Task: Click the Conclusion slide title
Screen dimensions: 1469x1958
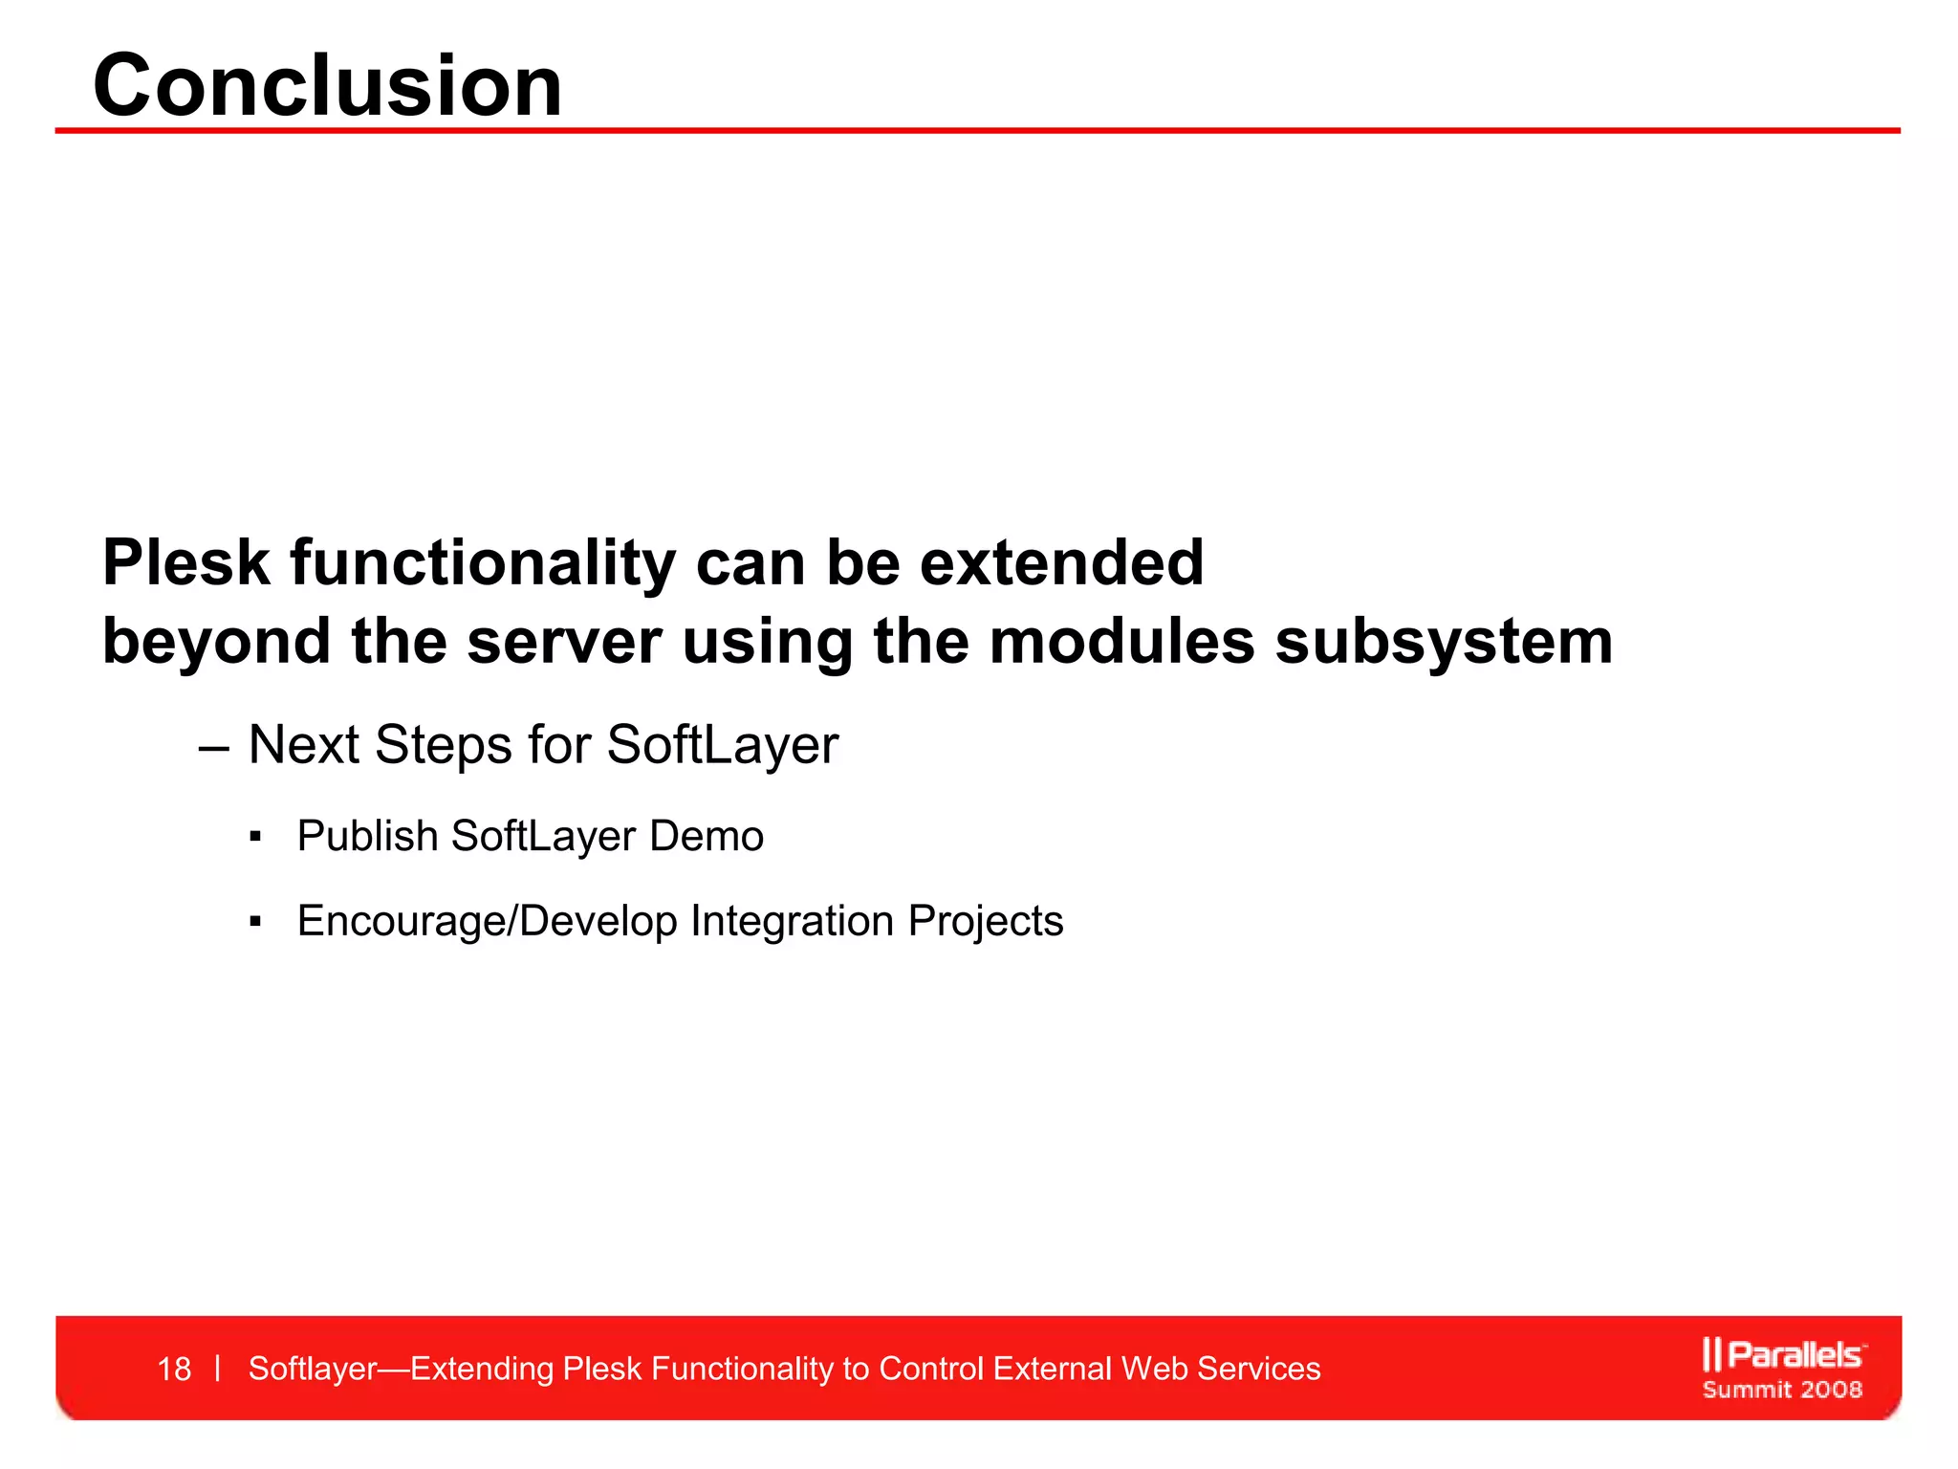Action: click(x=328, y=86)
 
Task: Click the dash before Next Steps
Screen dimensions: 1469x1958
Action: click(x=213, y=747)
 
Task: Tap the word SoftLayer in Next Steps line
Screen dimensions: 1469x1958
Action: click(x=722, y=745)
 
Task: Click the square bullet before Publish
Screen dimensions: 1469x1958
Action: click(x=254, y=838)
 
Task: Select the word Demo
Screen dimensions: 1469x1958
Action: click(x=707, y=836)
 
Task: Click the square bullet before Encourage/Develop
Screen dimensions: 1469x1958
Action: click(x=254, y=922)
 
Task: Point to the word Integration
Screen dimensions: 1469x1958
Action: click(x=792, y=921)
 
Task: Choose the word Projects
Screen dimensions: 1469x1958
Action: click(x=985, y=921)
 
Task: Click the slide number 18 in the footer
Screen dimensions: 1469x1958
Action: click(x=174, y=1370)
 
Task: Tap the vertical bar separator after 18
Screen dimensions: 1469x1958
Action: click(x=219, y=1369)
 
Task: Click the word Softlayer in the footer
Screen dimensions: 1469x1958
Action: click(x=313, y=1369)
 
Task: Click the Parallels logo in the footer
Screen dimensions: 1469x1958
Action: click(x=1782, y=1354)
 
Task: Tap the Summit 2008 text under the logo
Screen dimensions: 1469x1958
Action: click(x=1782, y=1390)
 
